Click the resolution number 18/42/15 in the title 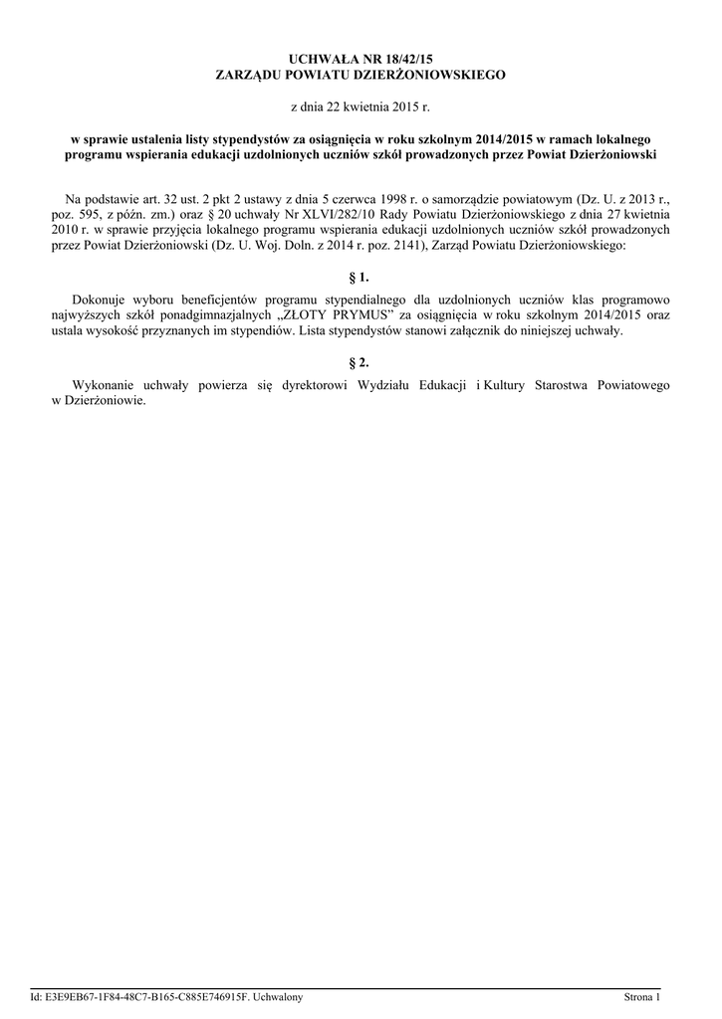tap(419, 60)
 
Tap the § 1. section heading tap(361, 278)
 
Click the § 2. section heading tap(361, 362)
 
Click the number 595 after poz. tap(96, 213)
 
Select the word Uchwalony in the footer tap(280, 996)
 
